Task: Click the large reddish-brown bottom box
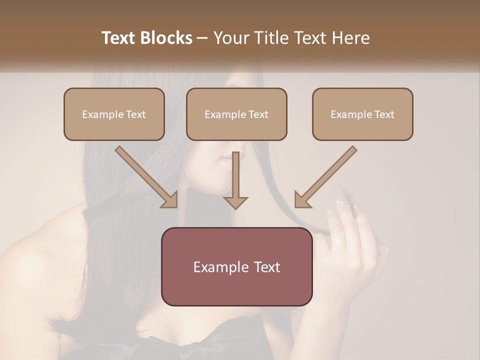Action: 236,287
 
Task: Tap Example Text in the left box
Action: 114,114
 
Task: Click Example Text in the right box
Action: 362,114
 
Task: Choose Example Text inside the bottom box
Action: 236,267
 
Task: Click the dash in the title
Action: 202,38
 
